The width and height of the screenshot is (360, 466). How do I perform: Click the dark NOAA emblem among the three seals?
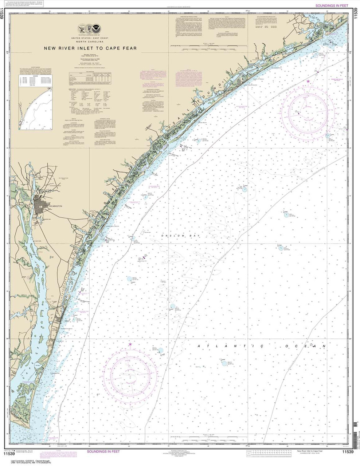coord(96,28)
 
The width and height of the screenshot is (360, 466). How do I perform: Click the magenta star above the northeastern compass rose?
coord(308,81)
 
